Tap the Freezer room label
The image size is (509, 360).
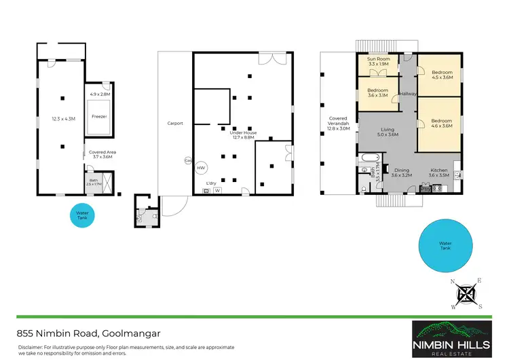(99, 116)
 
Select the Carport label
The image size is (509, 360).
(176, 123)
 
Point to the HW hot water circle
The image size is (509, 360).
(201, 167)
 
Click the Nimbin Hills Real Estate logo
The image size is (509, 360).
(453, 338)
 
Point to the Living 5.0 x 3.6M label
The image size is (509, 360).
(388, 132)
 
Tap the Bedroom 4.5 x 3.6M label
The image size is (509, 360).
(442, 75)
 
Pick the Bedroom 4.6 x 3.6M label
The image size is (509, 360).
(442, 123)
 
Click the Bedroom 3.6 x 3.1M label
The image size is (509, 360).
(377, 92)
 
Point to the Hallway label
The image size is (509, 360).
(408, 94)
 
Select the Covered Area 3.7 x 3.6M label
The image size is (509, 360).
(102, 154)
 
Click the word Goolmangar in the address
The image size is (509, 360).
(134, 333)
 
